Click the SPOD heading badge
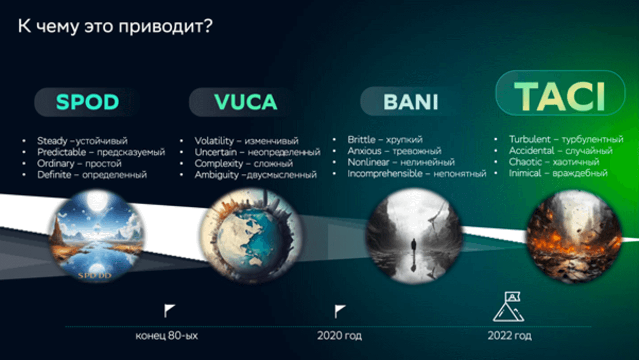click(87, 102)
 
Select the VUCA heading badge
click(246, 102)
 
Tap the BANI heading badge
click(410, 101)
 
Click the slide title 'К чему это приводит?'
click(115, 26)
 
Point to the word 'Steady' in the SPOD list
click(52, 141)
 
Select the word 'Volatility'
click(214, 141)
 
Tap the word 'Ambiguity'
click(217, 175)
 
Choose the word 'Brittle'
click(361, 139)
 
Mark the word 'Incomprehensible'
click(385, 173)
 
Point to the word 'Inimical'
click(525, 173)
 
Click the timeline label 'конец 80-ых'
click(167, 336)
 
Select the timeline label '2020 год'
click(339, 336)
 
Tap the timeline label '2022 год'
click(510, 336)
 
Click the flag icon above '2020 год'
click(340, 311)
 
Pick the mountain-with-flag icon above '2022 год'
click(509, 307)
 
